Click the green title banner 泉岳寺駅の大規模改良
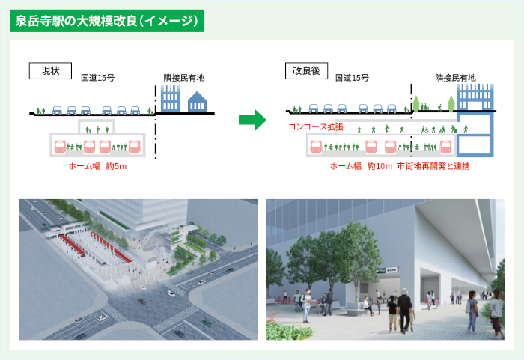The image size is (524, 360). pos(107,20)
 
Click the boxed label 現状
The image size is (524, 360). pos(50,71)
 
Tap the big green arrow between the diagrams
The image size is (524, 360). pos(252,119)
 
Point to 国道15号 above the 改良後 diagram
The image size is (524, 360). pos(352,78)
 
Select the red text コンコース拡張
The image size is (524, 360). pos(316,127)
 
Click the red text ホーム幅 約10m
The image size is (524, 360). pos(361,165)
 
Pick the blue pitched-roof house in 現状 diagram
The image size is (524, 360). pos(196,102)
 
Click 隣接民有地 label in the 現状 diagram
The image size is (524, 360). pos(184,78)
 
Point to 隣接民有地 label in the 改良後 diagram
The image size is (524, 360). pos(455,78)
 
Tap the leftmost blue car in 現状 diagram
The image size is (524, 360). pos(57,109)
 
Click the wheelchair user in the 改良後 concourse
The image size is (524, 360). pos(424,129)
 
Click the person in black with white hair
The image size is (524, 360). pos(406,309)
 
